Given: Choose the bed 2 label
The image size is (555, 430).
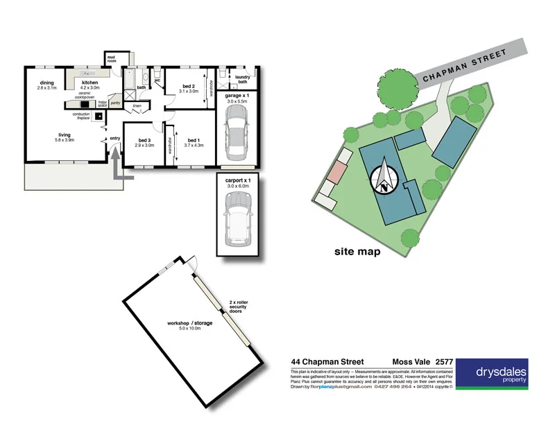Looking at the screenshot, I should (188, 88).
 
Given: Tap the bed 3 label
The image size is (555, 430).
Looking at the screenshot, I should (144, 142).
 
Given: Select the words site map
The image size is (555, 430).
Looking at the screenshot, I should (357, 252).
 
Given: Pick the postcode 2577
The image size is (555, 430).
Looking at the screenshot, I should (443, 361).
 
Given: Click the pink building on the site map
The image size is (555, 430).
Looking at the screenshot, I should (337, 172).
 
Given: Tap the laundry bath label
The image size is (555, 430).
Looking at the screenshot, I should (241, 80).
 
